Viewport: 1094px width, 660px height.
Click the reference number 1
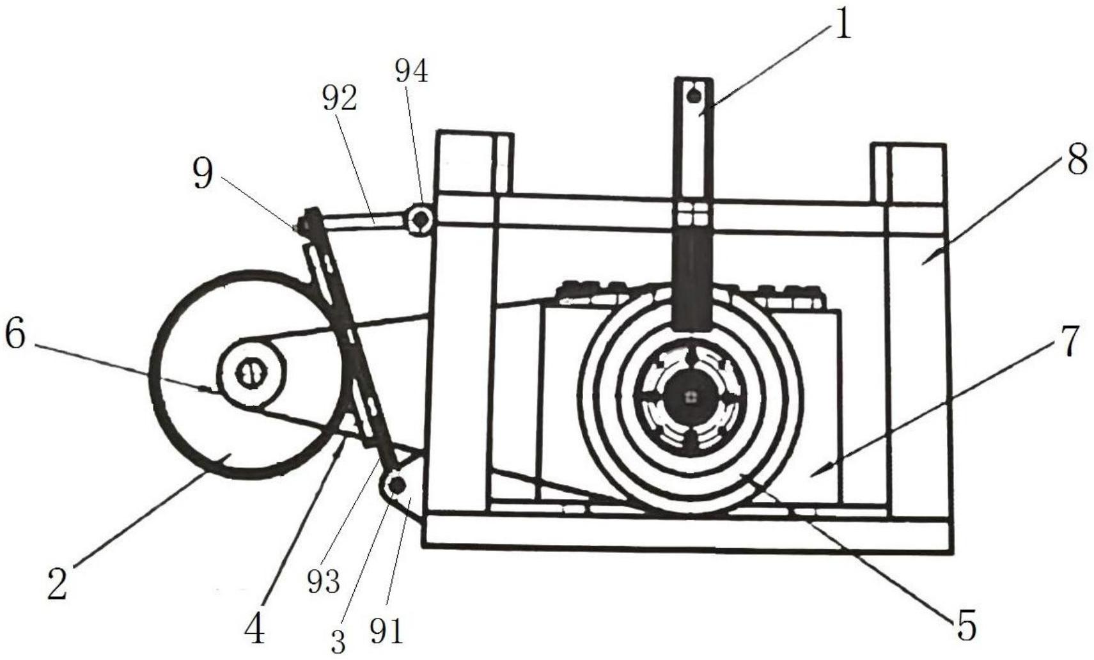click(843, 25)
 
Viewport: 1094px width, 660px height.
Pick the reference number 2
click(57, 584)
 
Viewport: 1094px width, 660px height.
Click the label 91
click(387, 632)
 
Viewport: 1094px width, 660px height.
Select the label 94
click(411, 72)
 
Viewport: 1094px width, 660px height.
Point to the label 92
click(340, 99)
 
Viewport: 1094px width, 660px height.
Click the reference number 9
click(203, 173)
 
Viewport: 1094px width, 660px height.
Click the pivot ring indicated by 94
click(421, 219)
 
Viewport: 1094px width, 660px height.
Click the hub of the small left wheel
click(251, 373)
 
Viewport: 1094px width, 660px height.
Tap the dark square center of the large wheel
click(689, 397)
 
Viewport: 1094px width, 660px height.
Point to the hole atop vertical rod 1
click(694, 96)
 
